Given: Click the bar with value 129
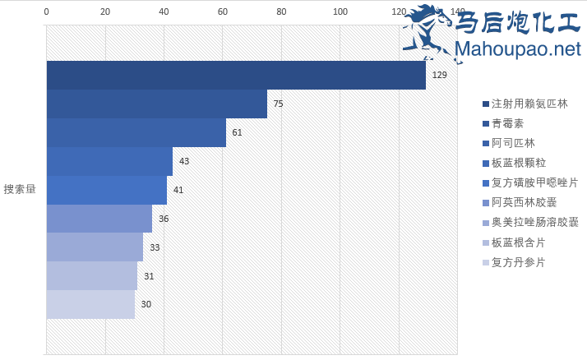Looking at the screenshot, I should pos(236,75).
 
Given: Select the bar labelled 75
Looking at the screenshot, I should pos(156,104).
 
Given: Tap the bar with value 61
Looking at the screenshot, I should pos(136,132).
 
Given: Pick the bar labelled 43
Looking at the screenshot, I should pos(109,161).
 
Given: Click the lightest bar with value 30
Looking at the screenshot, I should pos(90,304).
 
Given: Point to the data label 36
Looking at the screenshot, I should pos(164,219).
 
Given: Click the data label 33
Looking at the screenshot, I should pos(155,247).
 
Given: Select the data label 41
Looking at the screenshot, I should pos(178,190).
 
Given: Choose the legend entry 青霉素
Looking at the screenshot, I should pos(507,123).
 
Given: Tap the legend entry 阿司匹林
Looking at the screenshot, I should pos(512,143).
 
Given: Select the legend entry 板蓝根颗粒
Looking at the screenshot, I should pos(518,163).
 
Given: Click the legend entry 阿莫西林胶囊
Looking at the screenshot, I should pos(524,202).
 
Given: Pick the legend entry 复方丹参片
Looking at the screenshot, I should pos(518,262).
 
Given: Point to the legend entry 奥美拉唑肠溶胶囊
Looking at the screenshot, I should pos(534,222).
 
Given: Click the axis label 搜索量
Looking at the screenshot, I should pos(20,189).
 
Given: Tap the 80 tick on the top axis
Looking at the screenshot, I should pos(281,12).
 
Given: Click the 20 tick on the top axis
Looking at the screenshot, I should pos(105,12).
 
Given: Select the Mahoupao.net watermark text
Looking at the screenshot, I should pos(517,49).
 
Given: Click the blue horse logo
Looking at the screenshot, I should pos(427,30).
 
